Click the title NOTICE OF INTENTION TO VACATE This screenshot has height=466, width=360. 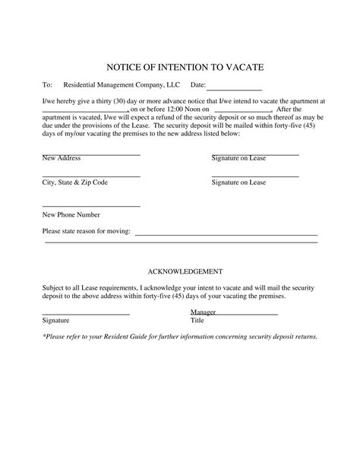[x=180, y=67]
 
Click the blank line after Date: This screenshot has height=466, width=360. [x=235, y=90]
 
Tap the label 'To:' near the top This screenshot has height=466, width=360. [x=47, y=86]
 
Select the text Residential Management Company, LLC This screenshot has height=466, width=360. [x=122, y=86]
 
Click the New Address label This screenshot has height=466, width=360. [x=62, y=159]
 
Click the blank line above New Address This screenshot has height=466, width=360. [x=91, y=154]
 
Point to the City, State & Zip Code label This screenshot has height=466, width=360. [x=75, y=183]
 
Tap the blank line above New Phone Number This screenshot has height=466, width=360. [x=91, y=207]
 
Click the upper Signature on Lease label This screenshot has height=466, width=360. [x=238, y=159]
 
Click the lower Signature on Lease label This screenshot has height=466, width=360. [x=238, y=183]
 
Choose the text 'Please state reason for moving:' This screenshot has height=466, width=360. [x=87, y=230]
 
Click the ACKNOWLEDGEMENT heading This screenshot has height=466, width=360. [x=185, y=271]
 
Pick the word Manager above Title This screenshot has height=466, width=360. [x=204, y=312]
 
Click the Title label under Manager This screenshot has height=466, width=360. [x=197, y=321]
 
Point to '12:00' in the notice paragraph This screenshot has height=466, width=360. [x=161, y=109]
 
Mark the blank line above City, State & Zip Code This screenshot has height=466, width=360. [x=91, y=176]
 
